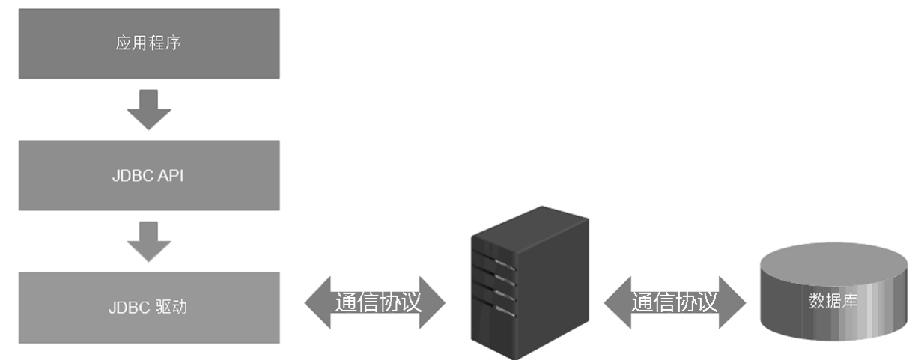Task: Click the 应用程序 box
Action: point(149,43)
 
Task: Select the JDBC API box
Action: point(149,175)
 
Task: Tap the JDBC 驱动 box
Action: point(149,308)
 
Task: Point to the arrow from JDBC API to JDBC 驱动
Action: point(149,241)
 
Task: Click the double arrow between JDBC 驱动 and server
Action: point(375,302)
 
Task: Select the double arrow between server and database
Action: point(675,302)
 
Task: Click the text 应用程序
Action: point(149,43)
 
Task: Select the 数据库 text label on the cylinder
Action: point(833,302)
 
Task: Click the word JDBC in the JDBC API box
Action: point(132,176)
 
